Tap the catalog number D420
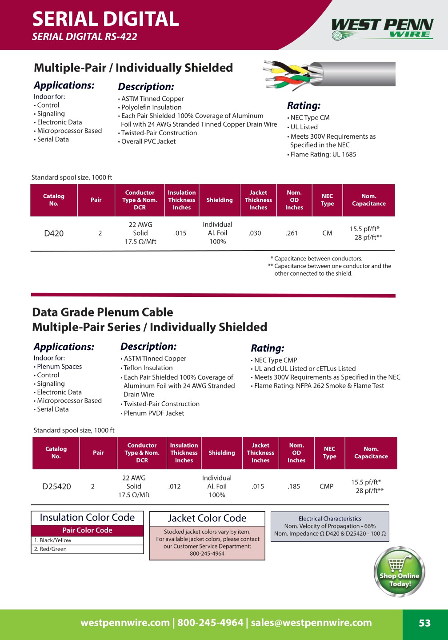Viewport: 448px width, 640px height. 54,233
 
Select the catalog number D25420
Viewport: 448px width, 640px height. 56,487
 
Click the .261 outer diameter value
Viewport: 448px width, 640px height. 292,233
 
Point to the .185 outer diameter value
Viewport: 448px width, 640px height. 294,487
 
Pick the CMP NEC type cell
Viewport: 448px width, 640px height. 326,487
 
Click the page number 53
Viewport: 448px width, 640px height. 424,623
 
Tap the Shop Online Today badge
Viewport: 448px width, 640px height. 400,572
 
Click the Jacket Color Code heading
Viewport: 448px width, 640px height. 207,518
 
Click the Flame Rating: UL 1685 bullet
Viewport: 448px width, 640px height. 323,155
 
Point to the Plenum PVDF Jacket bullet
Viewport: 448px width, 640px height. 154,413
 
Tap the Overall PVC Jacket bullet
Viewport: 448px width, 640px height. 148,141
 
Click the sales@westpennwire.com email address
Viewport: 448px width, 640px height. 311,623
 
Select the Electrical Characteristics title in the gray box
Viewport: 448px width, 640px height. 330,519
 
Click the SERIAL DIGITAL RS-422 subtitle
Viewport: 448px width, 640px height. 84,37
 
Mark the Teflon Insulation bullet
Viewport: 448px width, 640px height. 148,368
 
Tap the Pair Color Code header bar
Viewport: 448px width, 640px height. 87,530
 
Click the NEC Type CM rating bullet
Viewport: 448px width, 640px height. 310,118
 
